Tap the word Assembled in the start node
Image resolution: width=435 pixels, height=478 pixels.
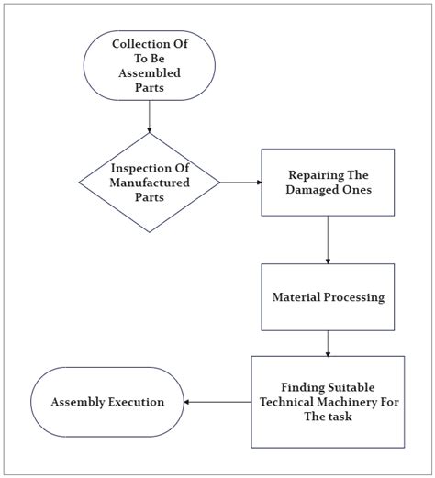click(150, 73)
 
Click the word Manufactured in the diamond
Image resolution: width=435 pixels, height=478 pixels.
click(150, 183)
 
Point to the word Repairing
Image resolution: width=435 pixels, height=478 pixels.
click(312, 175)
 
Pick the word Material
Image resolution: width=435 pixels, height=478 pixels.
click(296, 297)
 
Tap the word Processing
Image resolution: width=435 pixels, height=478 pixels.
click(354, 297)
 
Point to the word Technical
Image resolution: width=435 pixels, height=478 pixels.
click(286, 402)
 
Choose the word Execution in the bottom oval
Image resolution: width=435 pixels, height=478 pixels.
click(136, 402)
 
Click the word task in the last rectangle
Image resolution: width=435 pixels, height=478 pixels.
click(340, 417)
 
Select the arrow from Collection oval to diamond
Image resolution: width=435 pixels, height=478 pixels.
click(150, 117)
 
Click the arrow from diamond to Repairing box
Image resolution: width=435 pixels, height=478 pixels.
click(241, 183)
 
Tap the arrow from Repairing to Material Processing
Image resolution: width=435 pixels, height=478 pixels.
click(328, 239)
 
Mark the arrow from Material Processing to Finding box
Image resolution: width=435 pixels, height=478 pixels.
click(328, 344)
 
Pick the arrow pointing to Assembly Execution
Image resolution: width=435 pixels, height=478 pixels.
click(217, 402)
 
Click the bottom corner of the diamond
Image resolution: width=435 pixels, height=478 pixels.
click(150, 232)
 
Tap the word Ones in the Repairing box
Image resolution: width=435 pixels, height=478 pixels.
click(357, 190)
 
